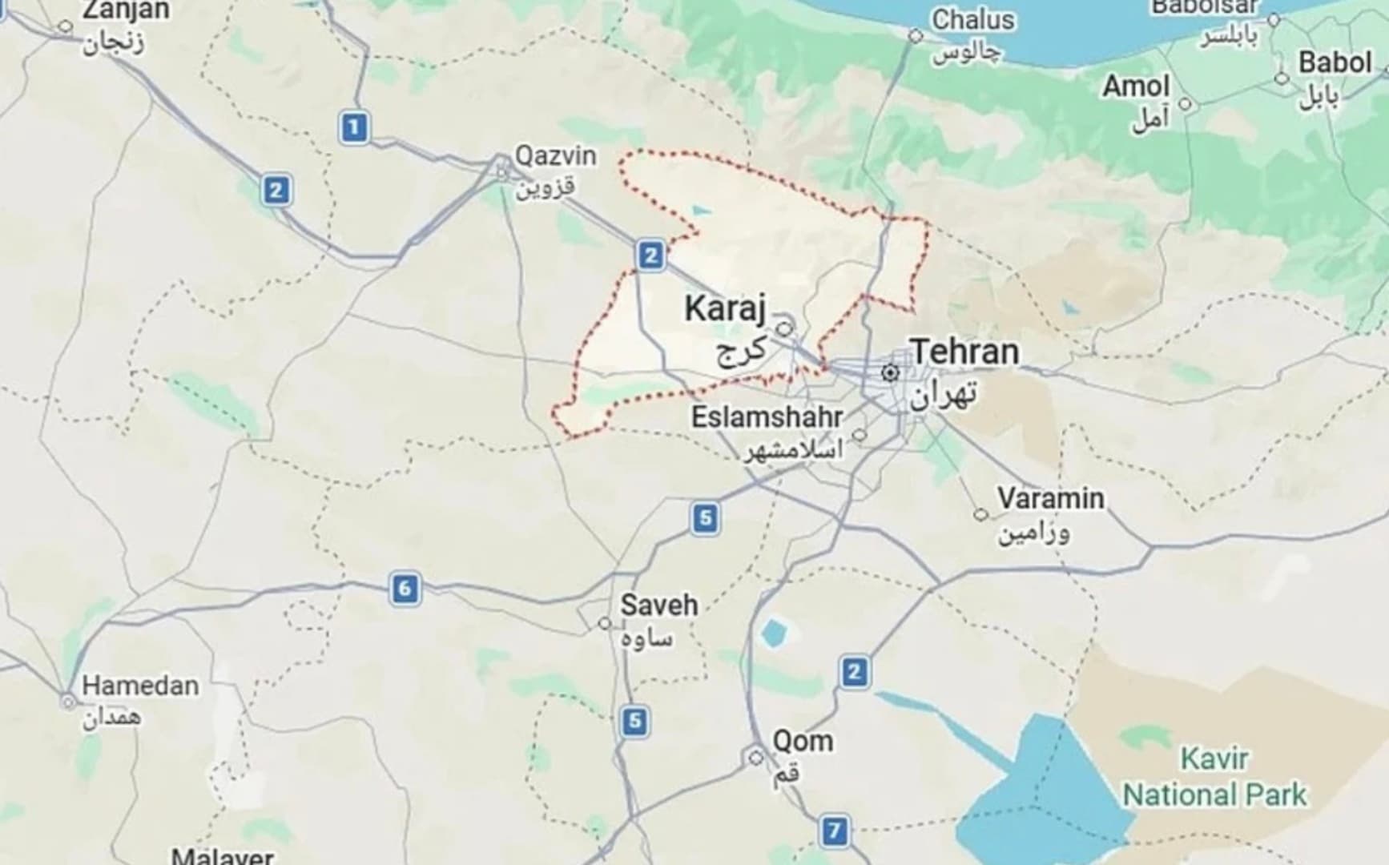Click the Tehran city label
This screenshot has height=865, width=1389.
pyautogui.click(x=964, y=352)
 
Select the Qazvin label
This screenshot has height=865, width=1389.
pyautogui.click(x=554, y=155)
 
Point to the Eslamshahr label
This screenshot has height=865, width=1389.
pyautogui.click(x=767, y=417)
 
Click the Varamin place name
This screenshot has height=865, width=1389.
pyautogui.click(x=1050, y=498)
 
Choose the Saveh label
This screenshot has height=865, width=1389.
pyautogui.click(x=658, y=605)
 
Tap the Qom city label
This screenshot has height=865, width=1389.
pyautogui.click(x=802, y=741)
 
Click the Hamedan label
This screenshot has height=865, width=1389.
pyautogui.click(x=140, y=686)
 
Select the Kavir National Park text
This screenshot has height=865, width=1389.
pyautogui.click(x=1214, y=777)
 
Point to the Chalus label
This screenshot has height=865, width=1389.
pyautogui.click(x=972, y=20)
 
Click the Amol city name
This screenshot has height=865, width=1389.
pyautogui.click(x=1136, y=86)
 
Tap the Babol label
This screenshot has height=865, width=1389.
pyautogui.click(x=1335, y=62)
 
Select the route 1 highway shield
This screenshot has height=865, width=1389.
pyautogui.click(x=354, y=127)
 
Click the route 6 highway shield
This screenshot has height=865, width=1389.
pyautogui.click(x=405, y=589)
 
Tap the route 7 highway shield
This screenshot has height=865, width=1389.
pyautogui.click(x=834, y=831)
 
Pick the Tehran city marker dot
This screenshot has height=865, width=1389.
pyautogui.click(x=889, y=372)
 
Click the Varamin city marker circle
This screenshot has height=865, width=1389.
pyautogui.click(x=980, y=514)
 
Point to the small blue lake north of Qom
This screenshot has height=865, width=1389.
pyautogui.click(x=774, y=633)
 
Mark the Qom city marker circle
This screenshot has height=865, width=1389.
pyautogui.click(x=755, y=757)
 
